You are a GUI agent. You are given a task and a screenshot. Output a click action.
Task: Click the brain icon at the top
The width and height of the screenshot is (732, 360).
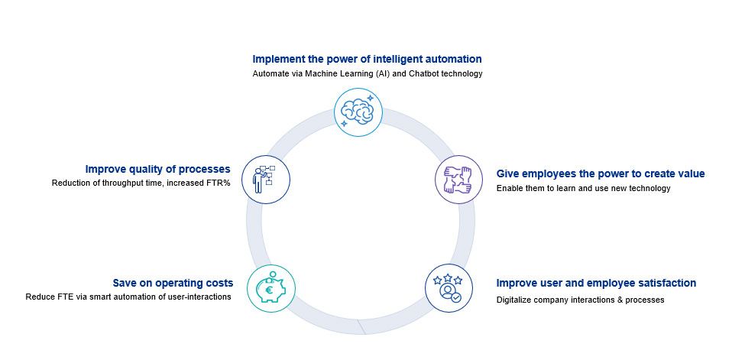(358, 112)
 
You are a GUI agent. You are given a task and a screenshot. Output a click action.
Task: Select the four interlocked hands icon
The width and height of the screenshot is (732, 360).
(459, 180)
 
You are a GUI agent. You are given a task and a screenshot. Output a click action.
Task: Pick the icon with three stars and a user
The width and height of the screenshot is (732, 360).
(449, 288)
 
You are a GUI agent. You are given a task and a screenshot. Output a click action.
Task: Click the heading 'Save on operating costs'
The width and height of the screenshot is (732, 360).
(173, 283)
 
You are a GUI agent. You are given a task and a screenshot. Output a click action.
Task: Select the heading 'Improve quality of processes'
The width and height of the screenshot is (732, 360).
(158, 169)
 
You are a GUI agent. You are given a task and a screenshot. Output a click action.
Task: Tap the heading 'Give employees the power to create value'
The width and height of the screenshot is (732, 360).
(601, 174)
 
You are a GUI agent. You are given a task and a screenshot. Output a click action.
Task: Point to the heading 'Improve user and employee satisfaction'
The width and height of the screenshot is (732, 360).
(596, 283)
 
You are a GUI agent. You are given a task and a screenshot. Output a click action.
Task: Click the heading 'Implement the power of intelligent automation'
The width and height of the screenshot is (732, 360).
(367, 59)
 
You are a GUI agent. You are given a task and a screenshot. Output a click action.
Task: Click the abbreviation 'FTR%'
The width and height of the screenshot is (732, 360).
(219, 183)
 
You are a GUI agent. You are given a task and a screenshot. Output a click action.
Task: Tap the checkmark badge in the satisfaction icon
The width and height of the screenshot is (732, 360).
(455, 297)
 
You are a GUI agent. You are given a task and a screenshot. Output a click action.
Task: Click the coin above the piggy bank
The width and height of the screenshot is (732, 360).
(273, 274)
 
